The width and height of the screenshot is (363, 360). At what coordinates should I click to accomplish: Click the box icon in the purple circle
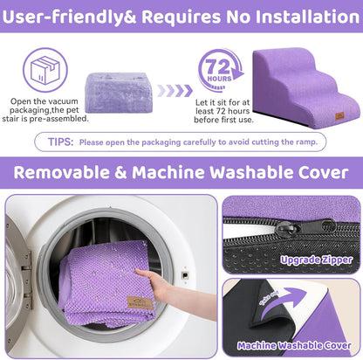pyautogui.click(x=45, y=66)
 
